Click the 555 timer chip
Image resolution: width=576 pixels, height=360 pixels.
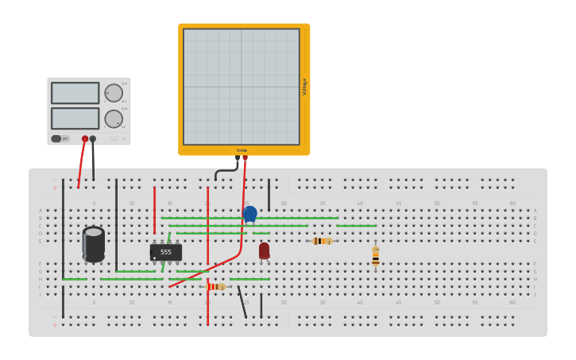coord(166,252)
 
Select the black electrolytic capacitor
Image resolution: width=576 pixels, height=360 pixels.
coord(94,244)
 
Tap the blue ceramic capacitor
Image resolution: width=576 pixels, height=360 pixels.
coord(249,213)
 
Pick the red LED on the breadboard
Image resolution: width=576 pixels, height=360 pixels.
coord(264,250)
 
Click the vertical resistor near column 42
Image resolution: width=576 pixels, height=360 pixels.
coord(376,256)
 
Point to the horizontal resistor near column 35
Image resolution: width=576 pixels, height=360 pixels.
coord(322,241)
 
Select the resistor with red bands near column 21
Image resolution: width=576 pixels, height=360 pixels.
coord(215,287)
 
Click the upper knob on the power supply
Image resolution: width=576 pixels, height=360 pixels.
coord(114,93)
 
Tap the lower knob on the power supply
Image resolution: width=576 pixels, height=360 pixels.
coord(114,119)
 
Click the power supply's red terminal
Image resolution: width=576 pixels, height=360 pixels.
coord(85,139)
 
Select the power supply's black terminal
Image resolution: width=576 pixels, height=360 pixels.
coord(93,139)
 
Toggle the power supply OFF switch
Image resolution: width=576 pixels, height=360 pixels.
coord(57,138)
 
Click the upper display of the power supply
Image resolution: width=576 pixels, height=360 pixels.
coord(75,93)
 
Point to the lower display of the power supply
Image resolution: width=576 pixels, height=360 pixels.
coord(75,118)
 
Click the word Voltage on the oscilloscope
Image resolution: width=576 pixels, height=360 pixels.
coord(304,87)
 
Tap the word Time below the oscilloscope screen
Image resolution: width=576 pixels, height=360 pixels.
coord(242,150)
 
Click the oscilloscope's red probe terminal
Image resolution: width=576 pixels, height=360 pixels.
coord(245,157)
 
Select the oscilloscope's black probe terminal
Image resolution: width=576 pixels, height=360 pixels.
coord(237,158)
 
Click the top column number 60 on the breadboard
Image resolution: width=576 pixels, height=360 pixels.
coord(512,203)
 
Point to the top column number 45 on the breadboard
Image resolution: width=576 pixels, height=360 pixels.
coord(398,203)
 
